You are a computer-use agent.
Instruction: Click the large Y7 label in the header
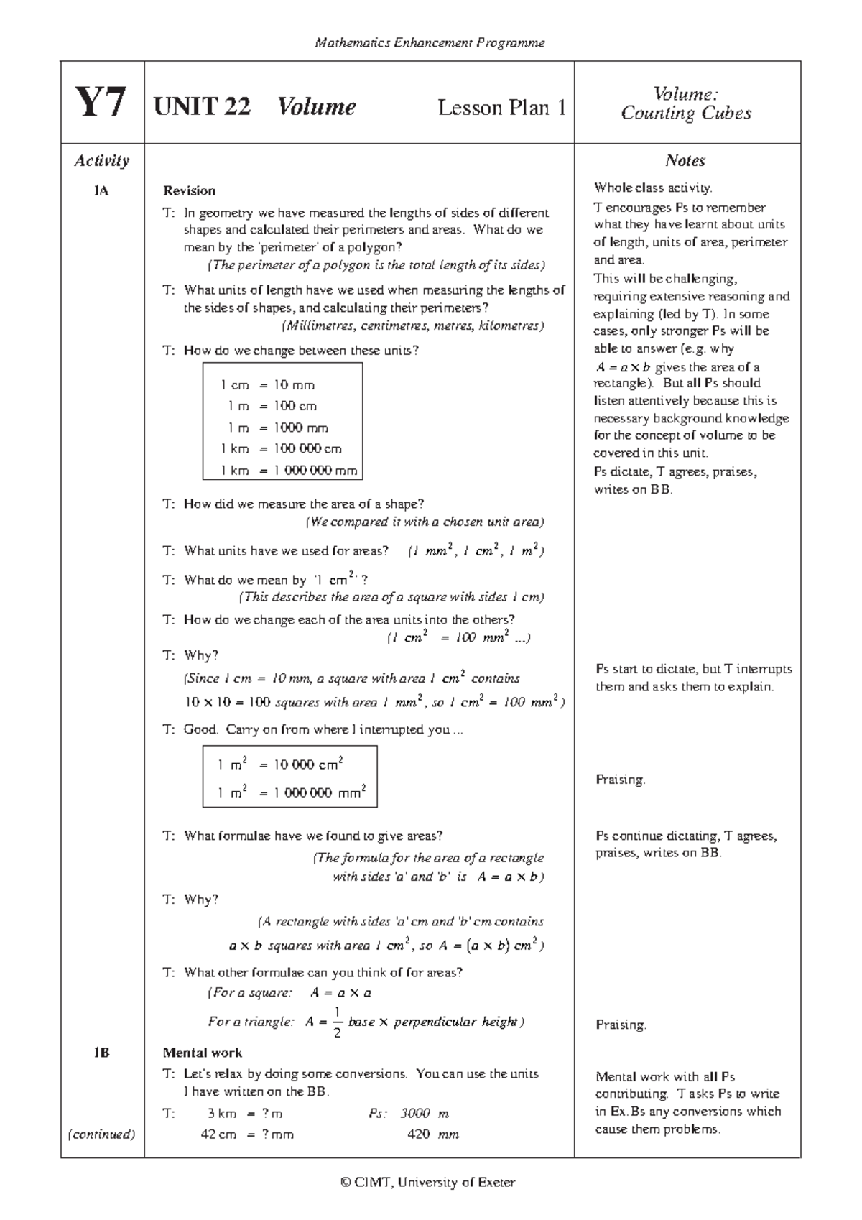[101, 103]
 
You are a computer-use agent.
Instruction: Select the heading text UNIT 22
[202, 107]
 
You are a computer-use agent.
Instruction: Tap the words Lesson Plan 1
[501, 108]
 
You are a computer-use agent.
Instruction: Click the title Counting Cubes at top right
[686, 114]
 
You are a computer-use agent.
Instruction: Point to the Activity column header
[101, 161]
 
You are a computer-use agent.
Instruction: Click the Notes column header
[685, 161]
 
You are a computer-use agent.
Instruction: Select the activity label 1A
[101, 191]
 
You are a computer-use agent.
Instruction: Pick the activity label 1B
[101, 1053]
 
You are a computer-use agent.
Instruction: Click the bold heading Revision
[189, 191]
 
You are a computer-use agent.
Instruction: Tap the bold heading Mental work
[202, 1053]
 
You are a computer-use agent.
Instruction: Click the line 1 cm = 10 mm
[268, 385]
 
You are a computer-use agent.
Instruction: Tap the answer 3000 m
[424, 1114]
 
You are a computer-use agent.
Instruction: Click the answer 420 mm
[432, 1135]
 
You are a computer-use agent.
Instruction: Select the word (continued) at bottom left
[101, 1135]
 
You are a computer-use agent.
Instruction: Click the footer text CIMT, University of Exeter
[429, 1182]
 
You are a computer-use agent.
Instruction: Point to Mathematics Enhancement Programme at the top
[430, 43]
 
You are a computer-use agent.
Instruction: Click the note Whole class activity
[652, 188]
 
